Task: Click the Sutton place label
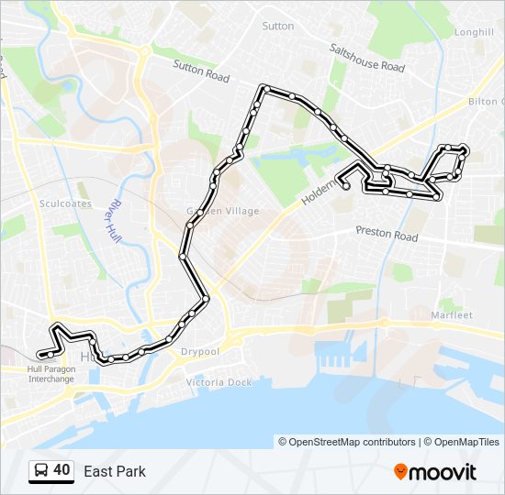tap(278, 27)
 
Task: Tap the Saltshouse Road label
tap(367, 60)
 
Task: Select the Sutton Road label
tap(202, 71)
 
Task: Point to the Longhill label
tap(474, 32)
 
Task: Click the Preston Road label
tap(386, 235)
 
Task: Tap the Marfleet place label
tap(451, 315)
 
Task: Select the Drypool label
tap(200, 351)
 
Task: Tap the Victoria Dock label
tap(219, 381)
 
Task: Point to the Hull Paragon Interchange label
tap(50, 374)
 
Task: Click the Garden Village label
tap(223, 211)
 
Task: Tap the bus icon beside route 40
tap(41, 471)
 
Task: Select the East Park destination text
tap(115, 472)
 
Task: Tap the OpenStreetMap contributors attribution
tap(347, 442)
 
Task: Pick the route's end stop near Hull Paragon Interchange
tap(40, 355)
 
